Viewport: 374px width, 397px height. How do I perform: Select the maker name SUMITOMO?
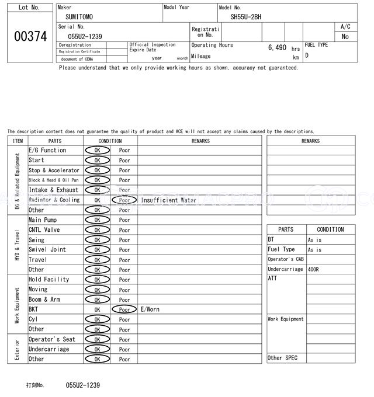(x=79, y=18)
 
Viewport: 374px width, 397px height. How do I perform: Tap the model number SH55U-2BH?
(x=245, y=18)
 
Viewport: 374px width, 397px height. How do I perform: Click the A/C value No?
(x=345, y=36)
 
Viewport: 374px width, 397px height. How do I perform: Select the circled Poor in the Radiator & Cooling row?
(x=124, y=200)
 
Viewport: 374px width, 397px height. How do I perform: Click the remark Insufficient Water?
(x=168, y=200)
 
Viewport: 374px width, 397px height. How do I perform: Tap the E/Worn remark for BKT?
(x=150, y=309)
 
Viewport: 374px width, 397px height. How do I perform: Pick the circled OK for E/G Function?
(x=97, y=150)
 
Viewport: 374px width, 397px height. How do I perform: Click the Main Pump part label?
(x=43, y=220)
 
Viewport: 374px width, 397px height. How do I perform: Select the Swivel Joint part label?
(x=47, y=250)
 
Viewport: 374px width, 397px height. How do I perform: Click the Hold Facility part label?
(x=49, y=280)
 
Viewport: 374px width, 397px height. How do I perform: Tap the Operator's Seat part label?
(x=52, y=339)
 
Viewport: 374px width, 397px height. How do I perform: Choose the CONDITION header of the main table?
(x=110, y=141)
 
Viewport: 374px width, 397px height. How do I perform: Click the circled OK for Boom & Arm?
(x=97, y=300)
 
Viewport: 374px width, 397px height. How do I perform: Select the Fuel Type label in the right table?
(x=281, y=249)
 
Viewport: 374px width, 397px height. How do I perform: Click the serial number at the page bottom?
(x=83, y=385)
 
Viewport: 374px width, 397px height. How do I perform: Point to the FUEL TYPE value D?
(x=307, y=55)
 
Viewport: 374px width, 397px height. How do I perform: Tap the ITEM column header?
(x=18, y=141)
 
